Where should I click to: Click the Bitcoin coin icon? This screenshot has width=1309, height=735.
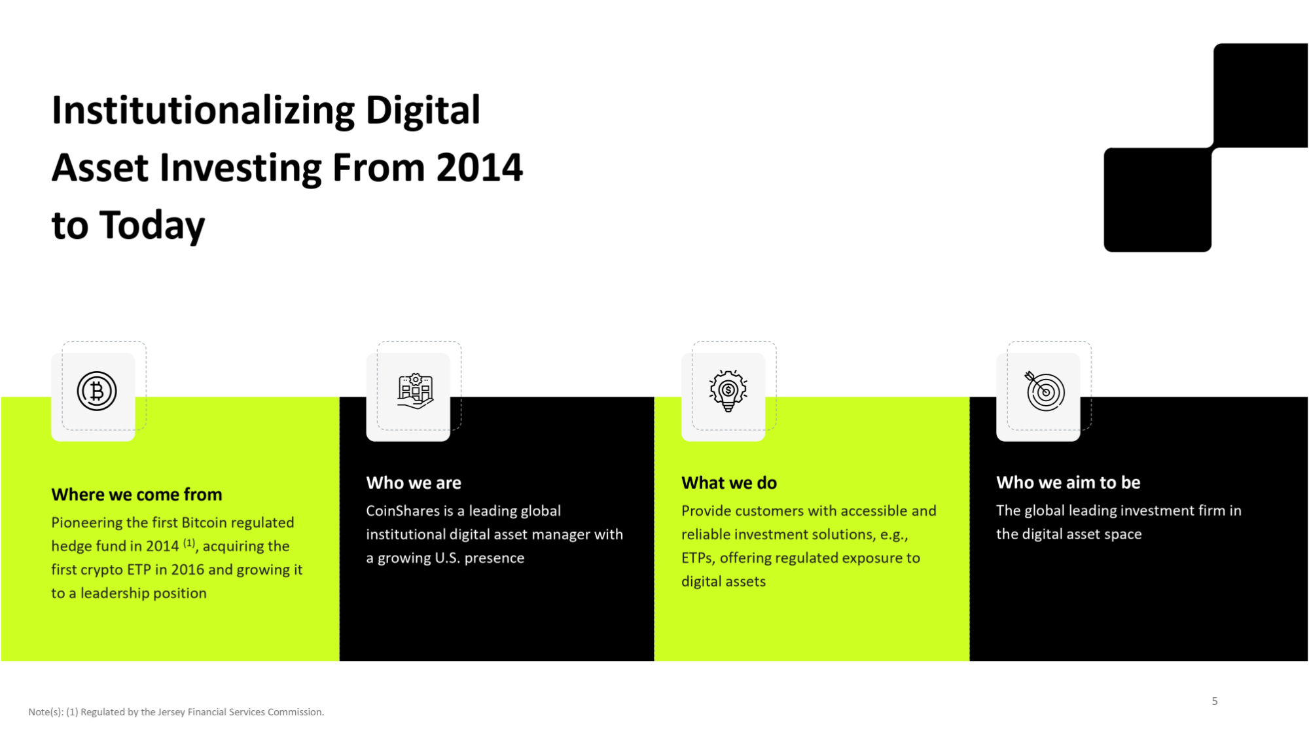pyautogui.click(x=97, y=391)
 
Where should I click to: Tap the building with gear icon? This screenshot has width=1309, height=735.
pyautogui.click(x=415, y=391)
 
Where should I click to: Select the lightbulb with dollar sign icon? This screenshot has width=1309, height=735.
pyautogui.click(x=728, y=391)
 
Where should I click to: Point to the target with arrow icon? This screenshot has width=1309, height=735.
pyautogui.click(x=1045, y=391)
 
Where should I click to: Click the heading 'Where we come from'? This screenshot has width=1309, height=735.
pyautogui.click(x=137, y=494)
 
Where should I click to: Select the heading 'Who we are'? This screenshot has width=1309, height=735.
pyautogui.click(x=414, y=482)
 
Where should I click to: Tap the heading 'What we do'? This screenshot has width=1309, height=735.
pyautogui.click(x=729, y=482)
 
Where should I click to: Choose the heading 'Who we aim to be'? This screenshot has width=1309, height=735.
pyautogui.click(x=1068, y=482)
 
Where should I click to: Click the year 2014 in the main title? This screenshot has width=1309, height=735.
pyautogui.click(x=480, y=168)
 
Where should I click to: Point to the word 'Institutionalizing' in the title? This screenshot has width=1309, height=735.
pyautogui.click(x=203, y=110)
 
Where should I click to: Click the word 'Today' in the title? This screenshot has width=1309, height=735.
pyautogui.click(x=152, y=226)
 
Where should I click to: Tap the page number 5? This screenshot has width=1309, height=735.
pyautogui.click(x=1215, y=701)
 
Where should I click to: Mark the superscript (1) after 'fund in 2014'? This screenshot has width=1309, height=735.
pyautogui.click(x=189, y=543)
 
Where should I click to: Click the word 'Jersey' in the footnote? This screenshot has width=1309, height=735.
pyautogui.click(x=171, y=712)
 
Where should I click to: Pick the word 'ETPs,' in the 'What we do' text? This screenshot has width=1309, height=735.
pyautogui.click(x=698, y=558)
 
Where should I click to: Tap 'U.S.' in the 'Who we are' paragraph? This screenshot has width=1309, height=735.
pyautogui.click(x=447, y=558)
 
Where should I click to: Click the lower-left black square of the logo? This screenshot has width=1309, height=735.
pyautogui.click(x=1157, y=200)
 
